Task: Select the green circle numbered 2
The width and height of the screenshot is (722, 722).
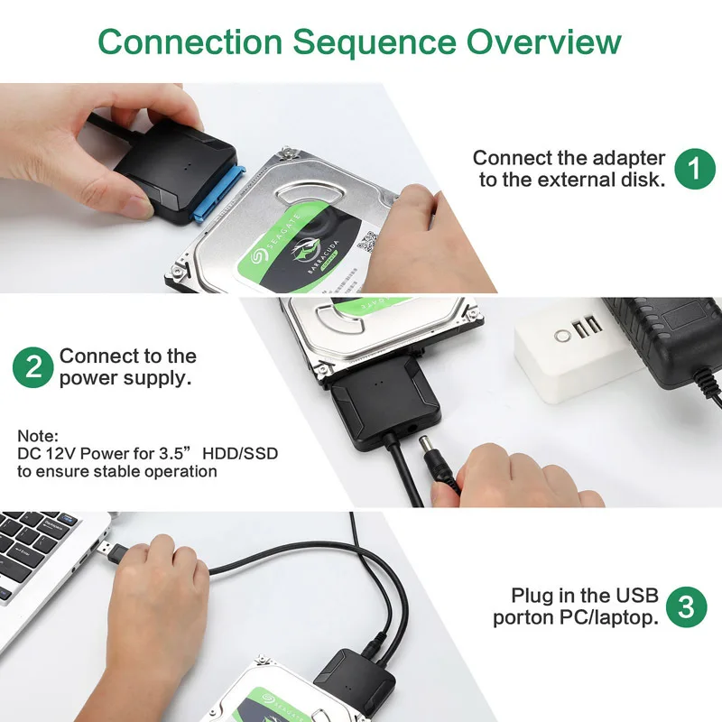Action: coord(33,367)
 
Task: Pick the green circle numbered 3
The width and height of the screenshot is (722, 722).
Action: coord(687,606)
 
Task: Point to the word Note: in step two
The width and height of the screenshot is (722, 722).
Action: coord(37,435)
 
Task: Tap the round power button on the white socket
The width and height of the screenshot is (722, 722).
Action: coord(563,335)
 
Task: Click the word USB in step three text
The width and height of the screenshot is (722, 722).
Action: coord(638,596)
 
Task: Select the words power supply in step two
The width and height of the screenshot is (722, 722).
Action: coord(125,378)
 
